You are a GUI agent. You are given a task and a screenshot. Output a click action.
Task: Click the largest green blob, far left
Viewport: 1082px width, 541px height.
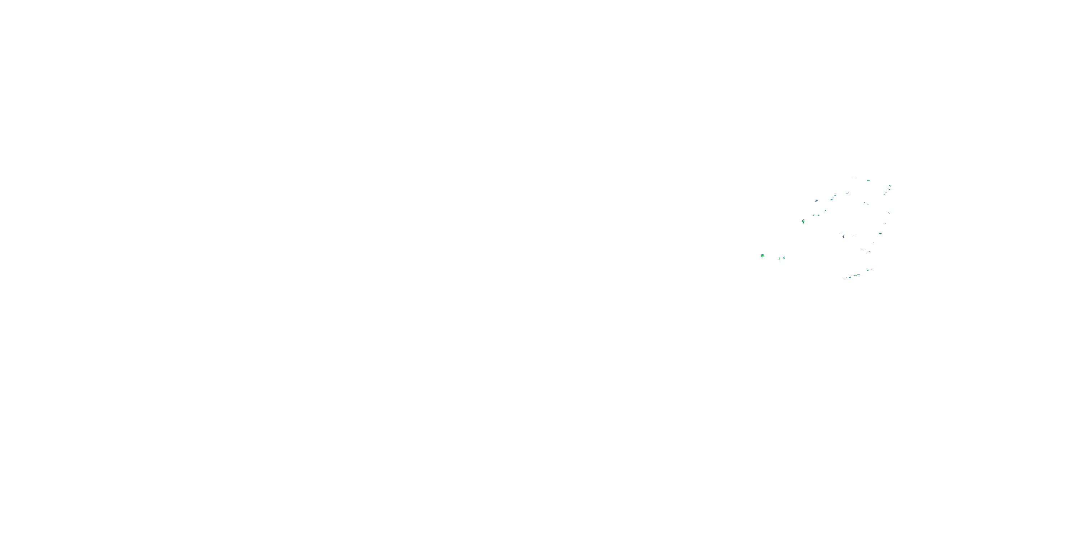[x=763, y=256]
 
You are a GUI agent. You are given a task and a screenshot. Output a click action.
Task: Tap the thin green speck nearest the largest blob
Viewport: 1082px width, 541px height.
[x=779, y=259]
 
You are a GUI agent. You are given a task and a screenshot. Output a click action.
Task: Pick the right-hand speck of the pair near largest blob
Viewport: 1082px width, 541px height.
[x=784, y=258]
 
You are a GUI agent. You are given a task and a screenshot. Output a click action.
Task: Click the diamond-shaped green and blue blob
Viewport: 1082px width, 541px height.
[x=804, y=221]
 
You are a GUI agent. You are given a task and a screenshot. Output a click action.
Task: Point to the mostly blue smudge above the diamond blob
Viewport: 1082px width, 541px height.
[x=817, y=201]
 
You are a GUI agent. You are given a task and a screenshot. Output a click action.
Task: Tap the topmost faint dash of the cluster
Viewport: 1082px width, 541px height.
[x=853, y=178]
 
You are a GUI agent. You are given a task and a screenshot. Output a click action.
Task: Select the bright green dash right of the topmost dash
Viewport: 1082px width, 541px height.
[x=868, y=181]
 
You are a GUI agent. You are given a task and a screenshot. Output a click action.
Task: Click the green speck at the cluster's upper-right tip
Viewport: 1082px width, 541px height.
[x=890, y=186]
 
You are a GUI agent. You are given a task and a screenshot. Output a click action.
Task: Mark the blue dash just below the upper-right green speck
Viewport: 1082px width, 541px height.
[x=889, y=189]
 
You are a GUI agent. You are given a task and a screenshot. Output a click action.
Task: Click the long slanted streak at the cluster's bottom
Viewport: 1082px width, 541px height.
[x=857, y=275]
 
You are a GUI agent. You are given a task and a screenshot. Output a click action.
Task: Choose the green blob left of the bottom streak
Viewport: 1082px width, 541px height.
[x=850, y=278]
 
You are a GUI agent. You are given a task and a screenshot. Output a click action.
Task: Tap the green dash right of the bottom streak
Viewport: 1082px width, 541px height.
[x=868, y=271]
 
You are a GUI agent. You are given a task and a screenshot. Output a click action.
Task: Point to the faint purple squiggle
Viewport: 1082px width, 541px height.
[x=869, y=252]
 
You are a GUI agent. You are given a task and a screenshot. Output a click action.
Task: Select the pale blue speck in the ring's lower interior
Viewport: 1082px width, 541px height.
[x=844, y=237]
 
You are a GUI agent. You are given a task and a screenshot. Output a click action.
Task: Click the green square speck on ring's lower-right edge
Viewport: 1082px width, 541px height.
[x=881, y=234]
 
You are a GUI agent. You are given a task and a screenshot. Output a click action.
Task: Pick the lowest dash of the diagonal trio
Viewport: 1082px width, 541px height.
[x=832, y=200]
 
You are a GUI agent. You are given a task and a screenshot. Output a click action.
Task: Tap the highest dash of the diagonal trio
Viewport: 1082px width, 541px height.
[x=835, y=196]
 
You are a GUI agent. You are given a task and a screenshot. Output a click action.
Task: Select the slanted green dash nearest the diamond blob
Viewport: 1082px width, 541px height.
[x=814, y=215]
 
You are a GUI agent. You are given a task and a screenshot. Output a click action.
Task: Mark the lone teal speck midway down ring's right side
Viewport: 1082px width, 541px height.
[x=889, y=213]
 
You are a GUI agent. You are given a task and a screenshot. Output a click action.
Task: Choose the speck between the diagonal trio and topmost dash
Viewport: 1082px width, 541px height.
[x=848, y=194]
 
